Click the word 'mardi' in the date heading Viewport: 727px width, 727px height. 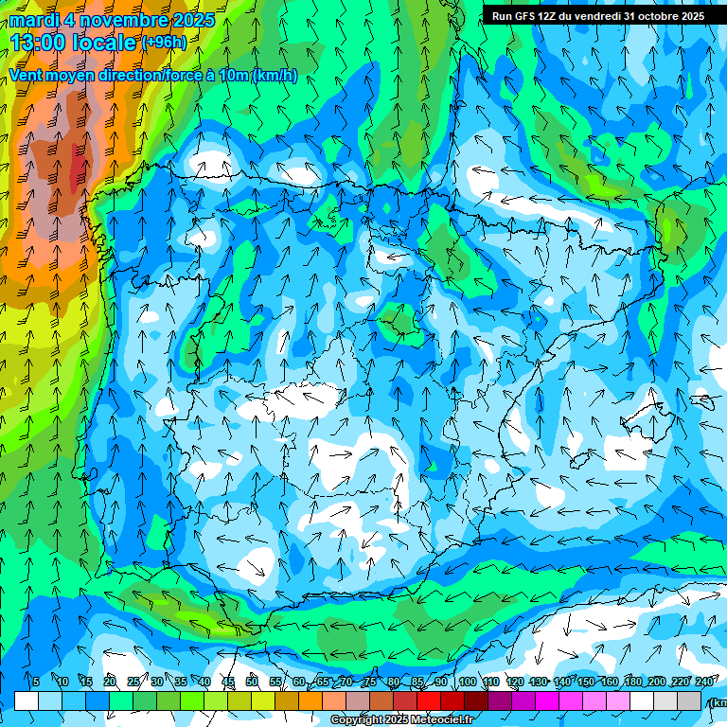[x=33, y=20]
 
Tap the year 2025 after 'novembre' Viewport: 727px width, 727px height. [x=193, y=20]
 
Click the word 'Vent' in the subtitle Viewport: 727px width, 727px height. [x=27, y=76]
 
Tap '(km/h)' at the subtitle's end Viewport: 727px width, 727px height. [x=275, y=76]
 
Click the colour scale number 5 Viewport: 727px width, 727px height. [x=36, y=682]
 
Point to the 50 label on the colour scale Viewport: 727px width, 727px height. [x=252, y=682]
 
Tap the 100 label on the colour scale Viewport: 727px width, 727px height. [x=467, y=682]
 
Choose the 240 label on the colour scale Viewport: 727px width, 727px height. [x=704, y=682]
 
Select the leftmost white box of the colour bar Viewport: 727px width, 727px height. [x=27, y=700]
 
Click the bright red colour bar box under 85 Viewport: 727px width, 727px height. [x=429, y=700]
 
